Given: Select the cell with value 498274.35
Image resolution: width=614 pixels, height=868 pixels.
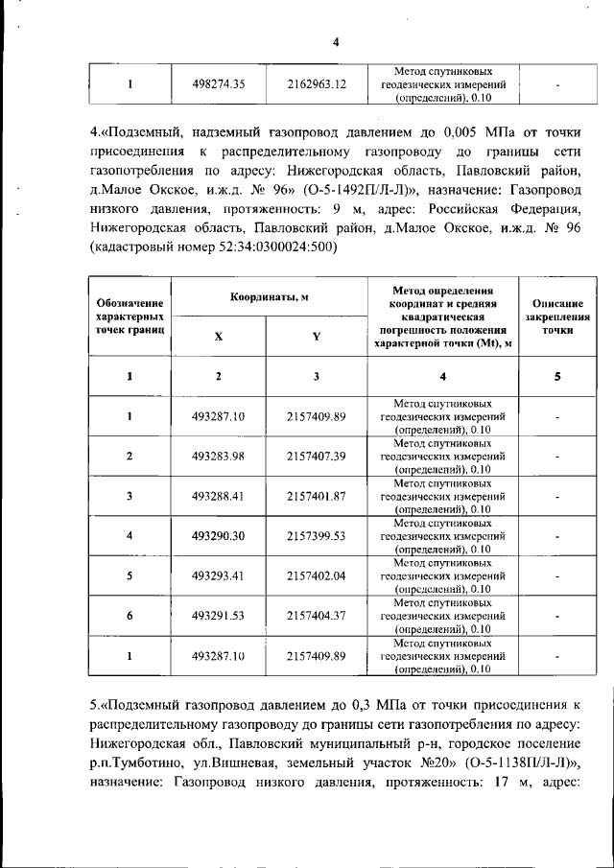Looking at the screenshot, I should click(x=219, y=84).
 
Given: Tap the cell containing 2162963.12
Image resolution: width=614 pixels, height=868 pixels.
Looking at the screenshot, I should click(x=316, y=84).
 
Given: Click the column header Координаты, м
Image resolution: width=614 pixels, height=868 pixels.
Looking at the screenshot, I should click(x=269, y=297).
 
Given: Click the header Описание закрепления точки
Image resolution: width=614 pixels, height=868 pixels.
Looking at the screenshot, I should click(x=557, y=316).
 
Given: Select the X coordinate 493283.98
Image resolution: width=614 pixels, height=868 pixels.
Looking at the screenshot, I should click(x=219, y=456).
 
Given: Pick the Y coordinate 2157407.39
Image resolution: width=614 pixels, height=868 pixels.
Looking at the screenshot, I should click(x=316, y=456).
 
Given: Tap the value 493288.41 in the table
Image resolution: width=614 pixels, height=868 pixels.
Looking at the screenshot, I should click(x=219, y=496).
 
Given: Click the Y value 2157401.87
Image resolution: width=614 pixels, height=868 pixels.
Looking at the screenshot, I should click(x=316, y=496).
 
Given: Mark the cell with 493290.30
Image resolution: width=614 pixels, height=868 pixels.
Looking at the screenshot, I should click(x=219, y=536).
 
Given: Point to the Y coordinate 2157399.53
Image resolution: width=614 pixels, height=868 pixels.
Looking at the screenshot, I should click(x=316, y=536).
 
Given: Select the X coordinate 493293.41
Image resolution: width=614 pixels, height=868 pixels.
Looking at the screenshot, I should click(x=219, y=576).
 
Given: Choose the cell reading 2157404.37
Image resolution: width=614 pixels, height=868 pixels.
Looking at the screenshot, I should click(x=316, y=616).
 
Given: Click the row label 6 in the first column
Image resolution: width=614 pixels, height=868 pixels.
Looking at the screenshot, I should click(x=130, y=616).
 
